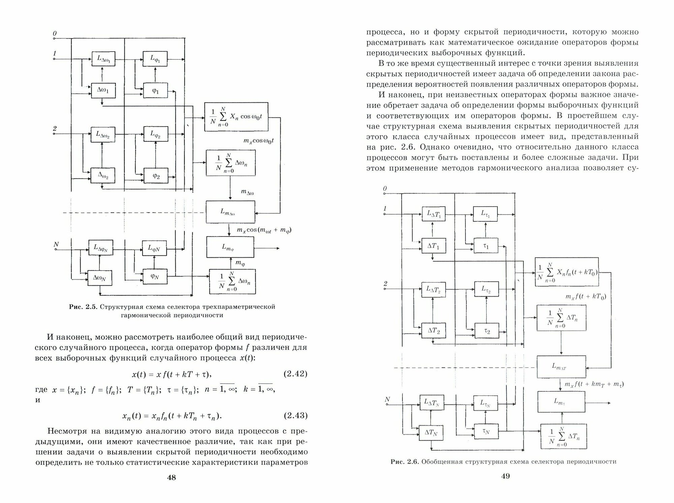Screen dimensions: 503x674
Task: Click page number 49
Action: [x=506, y=476]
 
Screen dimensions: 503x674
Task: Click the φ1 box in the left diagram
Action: [x=155, y=90]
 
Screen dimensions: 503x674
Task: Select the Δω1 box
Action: [x=101, y=90]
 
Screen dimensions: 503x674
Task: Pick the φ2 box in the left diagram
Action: [x=155, y=175]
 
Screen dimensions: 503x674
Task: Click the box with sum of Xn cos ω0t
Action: [x=236, y=117]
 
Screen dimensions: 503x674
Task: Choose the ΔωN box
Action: [x=100, y=277]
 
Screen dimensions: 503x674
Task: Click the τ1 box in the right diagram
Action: [x=486, y=246]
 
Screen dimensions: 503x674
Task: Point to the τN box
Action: [x=486, y=431]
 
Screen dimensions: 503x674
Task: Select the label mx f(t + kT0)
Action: [x=586, y=297]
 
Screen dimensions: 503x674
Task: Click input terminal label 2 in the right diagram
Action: [x=386, y=284]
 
